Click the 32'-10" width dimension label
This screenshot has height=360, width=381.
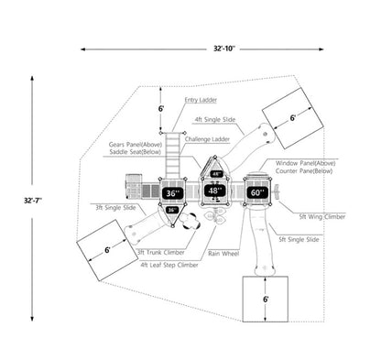click(x=224, y=49)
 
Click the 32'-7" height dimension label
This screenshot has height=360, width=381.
click(x=33, y=201)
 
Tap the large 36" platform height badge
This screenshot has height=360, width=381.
click(x=172, y=193)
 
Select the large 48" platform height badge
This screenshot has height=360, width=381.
click(x=214, y=191)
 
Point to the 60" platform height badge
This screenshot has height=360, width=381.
click(x=257, y=192)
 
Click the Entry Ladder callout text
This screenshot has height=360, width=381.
click(x=201, y=100)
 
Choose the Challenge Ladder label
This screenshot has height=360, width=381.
click(x=207, y=139)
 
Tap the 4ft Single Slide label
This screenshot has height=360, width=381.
click(x=215, y=119)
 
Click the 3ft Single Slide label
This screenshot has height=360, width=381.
click(x=115, y=208)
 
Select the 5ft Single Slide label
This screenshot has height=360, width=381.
click(x=299, y=239)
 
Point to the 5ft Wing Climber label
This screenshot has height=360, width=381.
click(x=322, y=216)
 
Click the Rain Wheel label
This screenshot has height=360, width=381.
click(x=223, y=254)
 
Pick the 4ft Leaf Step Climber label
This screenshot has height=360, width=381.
click(x=169, y=265)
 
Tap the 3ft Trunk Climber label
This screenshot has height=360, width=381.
click(x=161, y=253)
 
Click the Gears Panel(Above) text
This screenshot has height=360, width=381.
click(x=135, y=145)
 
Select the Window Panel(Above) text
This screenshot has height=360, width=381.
click(x=305, y=163)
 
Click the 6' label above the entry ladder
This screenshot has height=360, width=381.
click(x=161, y=108)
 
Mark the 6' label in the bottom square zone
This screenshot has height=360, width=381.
click(x=266, y=300)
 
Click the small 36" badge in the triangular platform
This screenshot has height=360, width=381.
click(x=172, y=210)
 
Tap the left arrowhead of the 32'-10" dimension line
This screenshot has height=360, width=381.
click(x=82, y=49)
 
